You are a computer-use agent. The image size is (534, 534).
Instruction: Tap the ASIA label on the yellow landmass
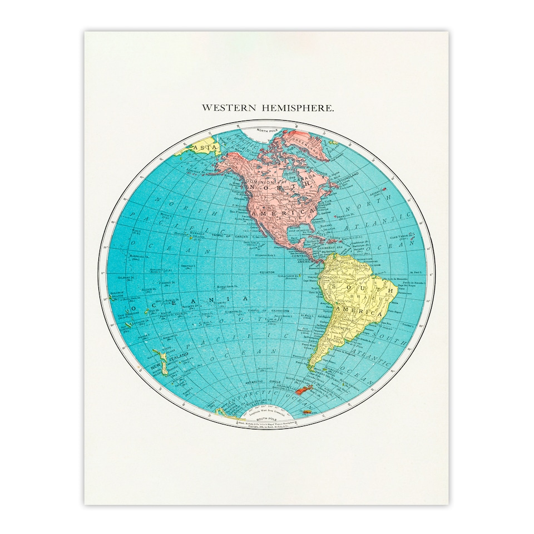click(x=204, y=147)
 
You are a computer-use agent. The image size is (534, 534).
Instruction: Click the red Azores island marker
click(x=384, y=191)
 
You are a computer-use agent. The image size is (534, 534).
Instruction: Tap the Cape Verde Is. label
click(x=405, y=235)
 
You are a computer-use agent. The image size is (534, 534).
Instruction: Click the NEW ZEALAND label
click(x=174, y=360)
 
